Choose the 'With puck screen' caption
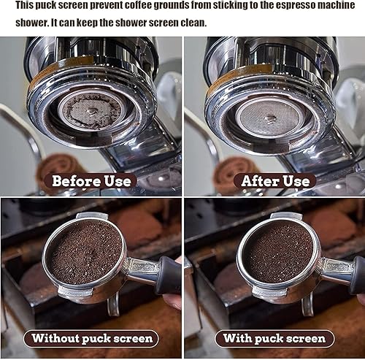(x=274, y=338)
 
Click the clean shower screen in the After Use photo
(x=269, y=117)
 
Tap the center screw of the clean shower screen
(x=269, y=118)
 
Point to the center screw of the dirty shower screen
(x=91, y=111)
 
